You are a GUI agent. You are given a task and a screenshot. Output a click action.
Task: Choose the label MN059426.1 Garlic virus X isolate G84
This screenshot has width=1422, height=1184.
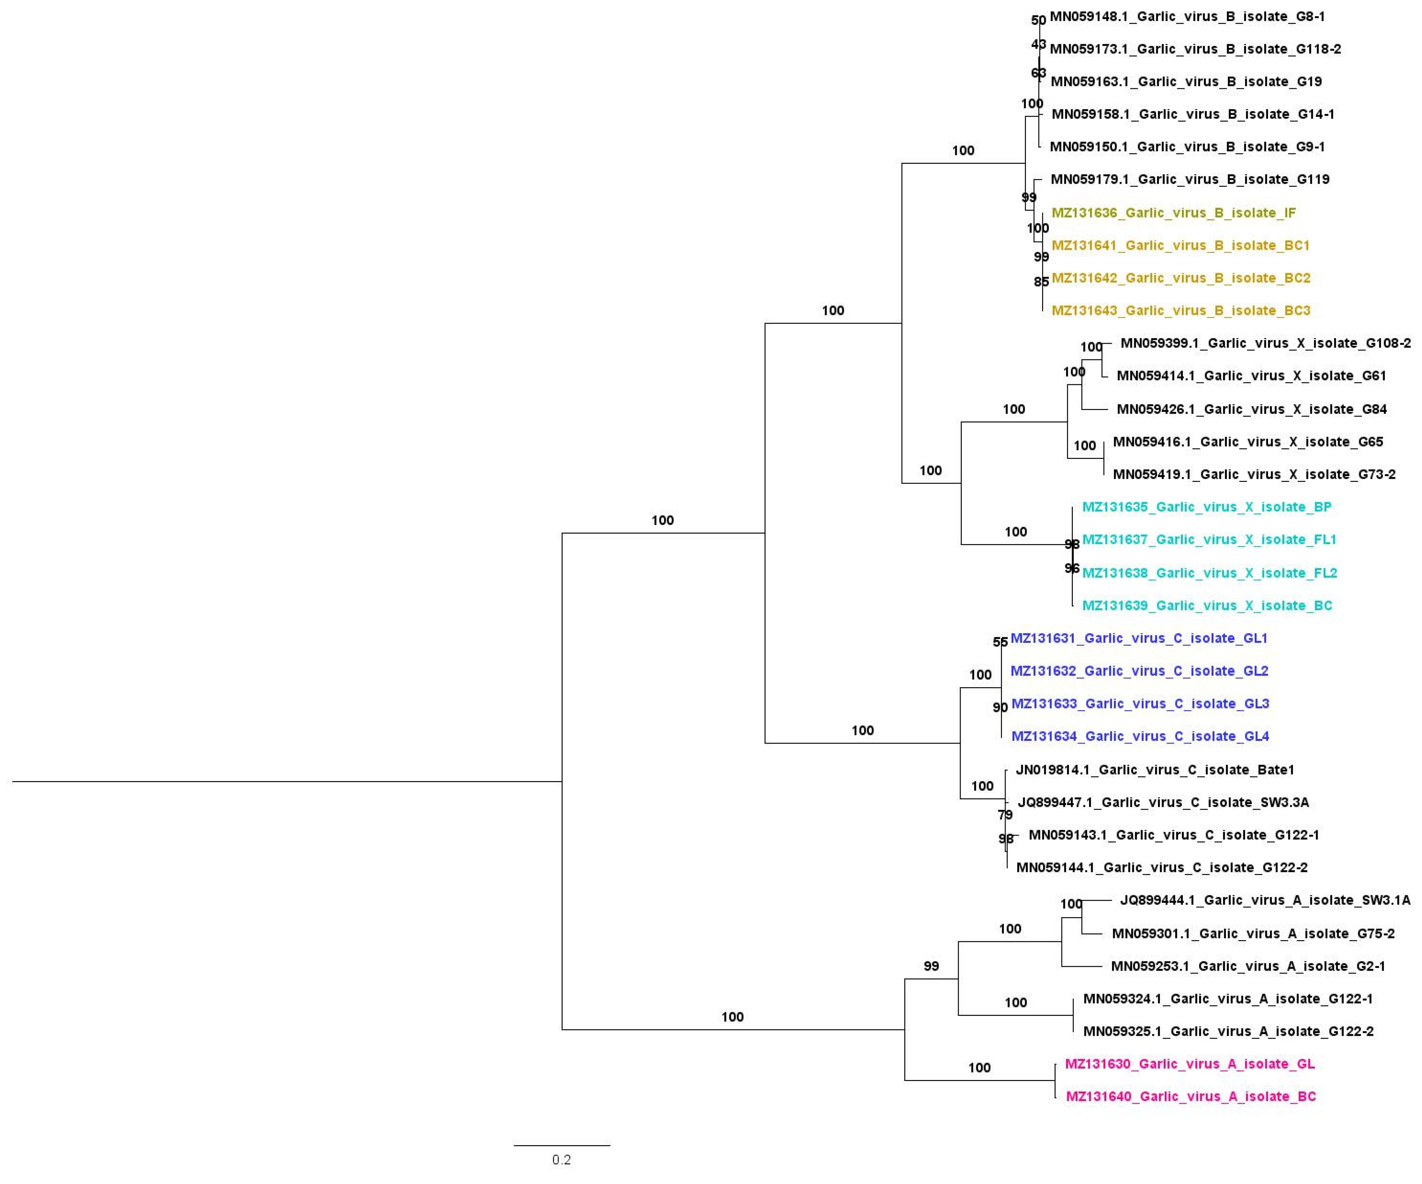click(1251, 409)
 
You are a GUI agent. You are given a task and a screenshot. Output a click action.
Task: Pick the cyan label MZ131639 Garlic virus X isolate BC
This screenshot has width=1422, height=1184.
click(1207, 606)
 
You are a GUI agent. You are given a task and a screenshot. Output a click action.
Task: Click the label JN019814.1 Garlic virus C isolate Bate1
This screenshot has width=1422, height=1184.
click(1155, 769)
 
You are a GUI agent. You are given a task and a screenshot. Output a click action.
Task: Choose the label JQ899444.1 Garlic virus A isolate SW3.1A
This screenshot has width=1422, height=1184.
click(1265, 900)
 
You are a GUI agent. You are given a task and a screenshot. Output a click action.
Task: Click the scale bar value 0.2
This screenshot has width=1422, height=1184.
click(561, 1160)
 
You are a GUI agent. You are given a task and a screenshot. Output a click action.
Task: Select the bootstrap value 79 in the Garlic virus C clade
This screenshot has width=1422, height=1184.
click(1005, 815)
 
